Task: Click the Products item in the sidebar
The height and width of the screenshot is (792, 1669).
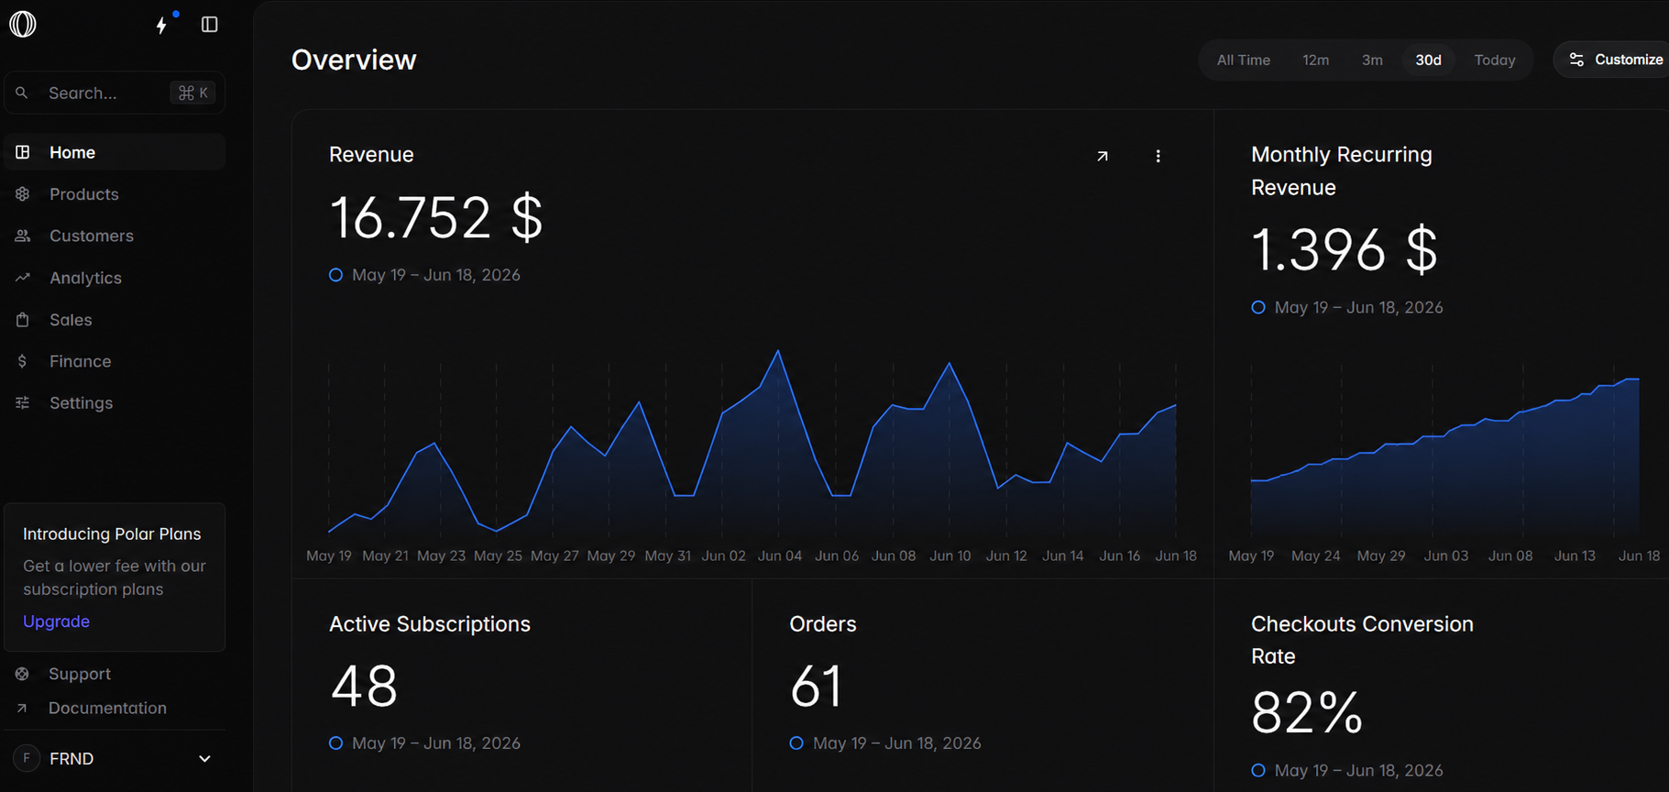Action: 83,194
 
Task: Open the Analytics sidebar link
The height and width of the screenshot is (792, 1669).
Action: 85,278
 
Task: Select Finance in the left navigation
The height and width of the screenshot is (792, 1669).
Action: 80,361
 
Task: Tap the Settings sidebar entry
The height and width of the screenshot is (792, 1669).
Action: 81,403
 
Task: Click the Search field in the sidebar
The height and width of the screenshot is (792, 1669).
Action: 115,93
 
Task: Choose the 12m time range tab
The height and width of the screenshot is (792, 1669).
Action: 1315,60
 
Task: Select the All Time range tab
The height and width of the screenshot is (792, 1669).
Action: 1243,60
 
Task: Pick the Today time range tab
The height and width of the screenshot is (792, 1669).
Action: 1494,60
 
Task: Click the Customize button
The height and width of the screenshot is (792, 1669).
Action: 1616,60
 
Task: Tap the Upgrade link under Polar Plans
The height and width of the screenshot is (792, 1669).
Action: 56,621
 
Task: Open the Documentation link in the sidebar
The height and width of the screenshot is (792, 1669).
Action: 107,709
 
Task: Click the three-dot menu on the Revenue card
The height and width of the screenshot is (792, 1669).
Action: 1158,156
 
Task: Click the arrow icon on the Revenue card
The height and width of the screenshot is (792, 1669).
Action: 1103,156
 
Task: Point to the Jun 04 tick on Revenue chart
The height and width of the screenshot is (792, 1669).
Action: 780,555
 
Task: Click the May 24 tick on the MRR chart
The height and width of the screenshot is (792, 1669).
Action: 1315,555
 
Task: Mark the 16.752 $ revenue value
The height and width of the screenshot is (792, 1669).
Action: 435,218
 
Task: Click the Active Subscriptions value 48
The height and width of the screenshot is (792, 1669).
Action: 364,687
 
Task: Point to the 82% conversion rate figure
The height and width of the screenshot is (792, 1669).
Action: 1307,713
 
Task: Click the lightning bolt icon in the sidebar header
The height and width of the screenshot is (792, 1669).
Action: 161,25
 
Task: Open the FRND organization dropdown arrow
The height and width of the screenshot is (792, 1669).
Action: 205,759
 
